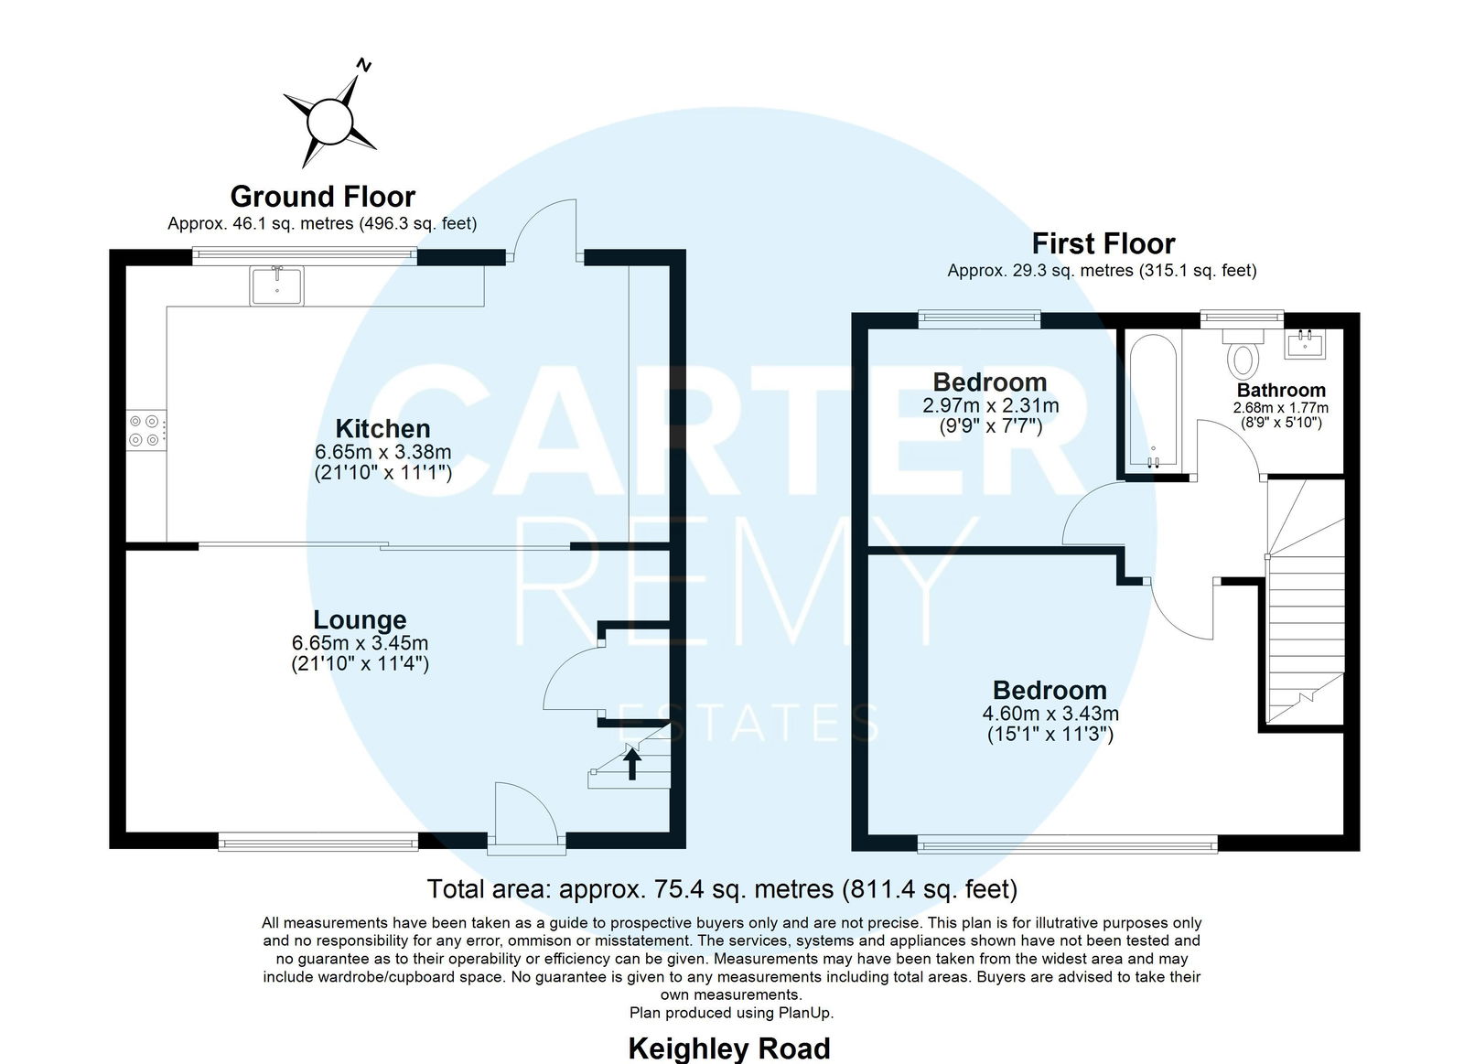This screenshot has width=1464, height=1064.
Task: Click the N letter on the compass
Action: click(x=364, y=65)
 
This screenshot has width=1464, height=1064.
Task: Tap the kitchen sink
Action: click(x=276, y=285)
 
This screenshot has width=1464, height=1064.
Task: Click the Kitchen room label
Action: click(x=383, y=429)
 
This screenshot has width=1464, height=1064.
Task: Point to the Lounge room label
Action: click(x=360, y=619)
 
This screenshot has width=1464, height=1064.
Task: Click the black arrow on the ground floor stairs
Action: click(x=631, y=764)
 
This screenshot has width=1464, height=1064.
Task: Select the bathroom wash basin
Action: click(x=1305, y=344)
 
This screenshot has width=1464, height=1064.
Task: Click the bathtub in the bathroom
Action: click(x=1154, y=402)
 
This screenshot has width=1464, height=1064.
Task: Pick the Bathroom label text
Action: click(x=1281, y=390)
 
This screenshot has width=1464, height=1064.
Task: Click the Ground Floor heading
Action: click(x=323, y=196)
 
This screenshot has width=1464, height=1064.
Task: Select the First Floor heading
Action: click(x=1103, y=243)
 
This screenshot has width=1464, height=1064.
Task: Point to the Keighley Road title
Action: click(x=728, y=1048)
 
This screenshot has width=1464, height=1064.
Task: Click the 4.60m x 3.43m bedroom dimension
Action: click(x=1050, y=713)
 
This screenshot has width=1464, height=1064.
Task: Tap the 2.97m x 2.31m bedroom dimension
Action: click(x=990, y=405)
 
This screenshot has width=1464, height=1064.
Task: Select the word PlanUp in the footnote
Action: click(x=805, y=1013)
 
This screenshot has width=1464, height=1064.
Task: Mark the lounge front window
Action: click(x=318, y=841)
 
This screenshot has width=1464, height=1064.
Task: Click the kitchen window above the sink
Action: click(x=305, y=256)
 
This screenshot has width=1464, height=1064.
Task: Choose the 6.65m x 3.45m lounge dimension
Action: click(x=360, y=643)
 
